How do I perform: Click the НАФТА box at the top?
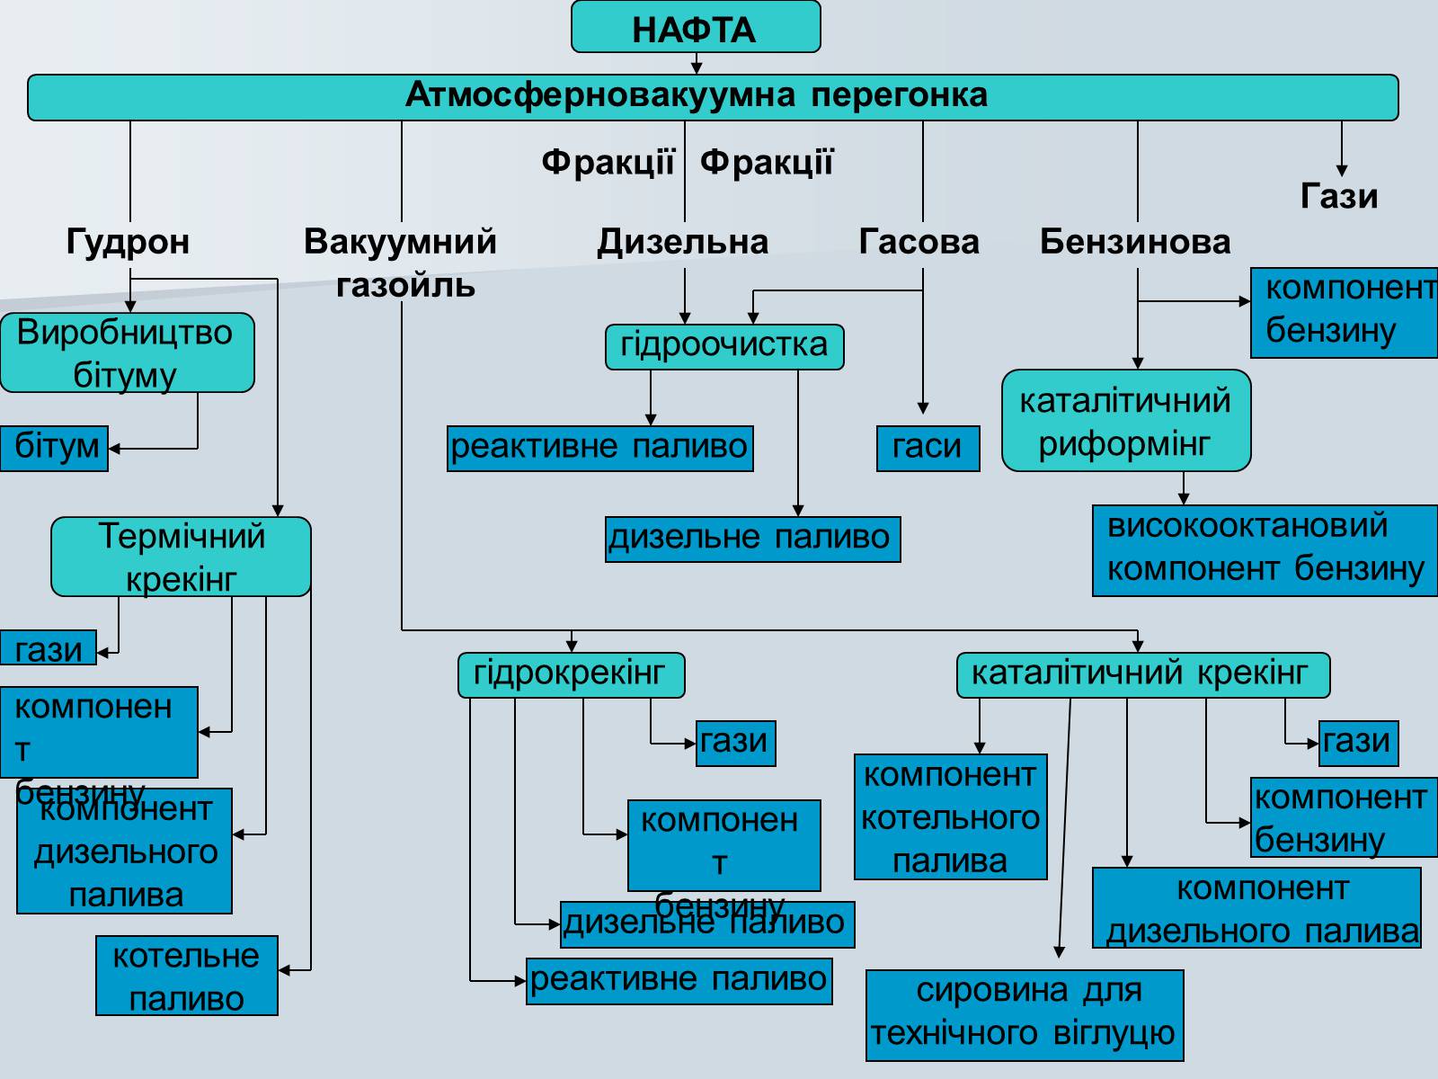696,28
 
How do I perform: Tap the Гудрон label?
128,241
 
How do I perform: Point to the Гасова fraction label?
919,241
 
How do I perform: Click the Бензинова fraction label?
1135,241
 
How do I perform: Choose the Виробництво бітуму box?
127,352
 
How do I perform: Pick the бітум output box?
55,448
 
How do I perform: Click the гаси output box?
928,448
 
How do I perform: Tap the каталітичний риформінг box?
1125,421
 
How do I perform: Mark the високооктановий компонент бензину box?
1265,549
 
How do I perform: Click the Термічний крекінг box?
181,557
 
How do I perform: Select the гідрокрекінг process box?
571,674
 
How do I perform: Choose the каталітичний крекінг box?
1142,674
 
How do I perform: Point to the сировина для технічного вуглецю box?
1025,1014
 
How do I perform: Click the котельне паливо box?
187,976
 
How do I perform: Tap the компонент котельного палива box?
950,816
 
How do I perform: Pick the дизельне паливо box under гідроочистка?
752,539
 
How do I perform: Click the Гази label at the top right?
1339,196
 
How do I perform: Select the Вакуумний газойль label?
401,262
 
